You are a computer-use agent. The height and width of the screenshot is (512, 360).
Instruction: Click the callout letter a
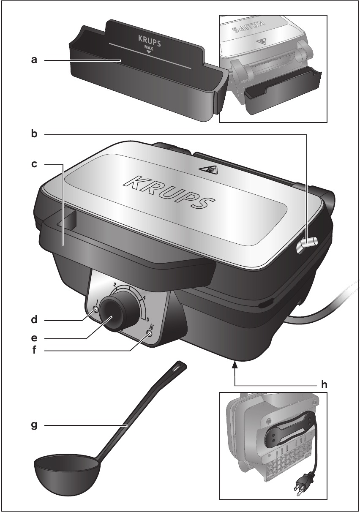[34, 60]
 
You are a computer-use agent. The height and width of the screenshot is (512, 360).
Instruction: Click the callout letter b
[34, 134]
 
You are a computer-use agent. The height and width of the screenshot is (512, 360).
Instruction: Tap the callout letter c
[34, 164]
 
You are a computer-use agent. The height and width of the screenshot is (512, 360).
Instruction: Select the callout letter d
[34, 320]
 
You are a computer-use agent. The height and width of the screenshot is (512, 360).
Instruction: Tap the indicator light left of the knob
[96, 310]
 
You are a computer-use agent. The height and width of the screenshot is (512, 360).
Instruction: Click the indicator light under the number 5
[150, 333]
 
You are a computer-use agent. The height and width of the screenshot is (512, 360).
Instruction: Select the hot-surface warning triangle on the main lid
[208, 169]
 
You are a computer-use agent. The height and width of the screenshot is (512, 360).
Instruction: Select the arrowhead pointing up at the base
[235, 365]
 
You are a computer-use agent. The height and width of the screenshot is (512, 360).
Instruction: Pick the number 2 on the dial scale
[115, 284]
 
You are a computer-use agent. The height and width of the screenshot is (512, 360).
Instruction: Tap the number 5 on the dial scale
[148, 319]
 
